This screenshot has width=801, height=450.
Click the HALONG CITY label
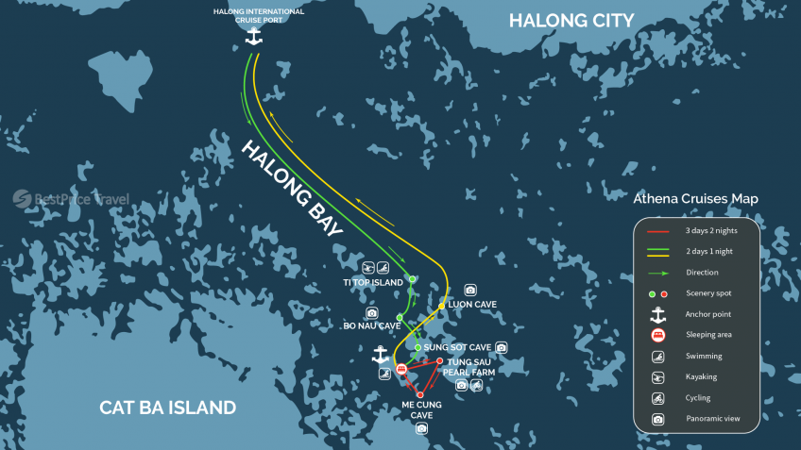pos(571,21)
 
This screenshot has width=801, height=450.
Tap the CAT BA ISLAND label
pos(168,408)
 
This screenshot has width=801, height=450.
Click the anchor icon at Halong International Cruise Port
pos(253,37)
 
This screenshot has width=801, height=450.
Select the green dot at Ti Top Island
pos(411,278)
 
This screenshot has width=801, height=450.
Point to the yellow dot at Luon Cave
pos(441,306)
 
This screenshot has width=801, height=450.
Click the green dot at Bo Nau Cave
pos(400,317)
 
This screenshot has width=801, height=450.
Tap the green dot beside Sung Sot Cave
pos(418,347)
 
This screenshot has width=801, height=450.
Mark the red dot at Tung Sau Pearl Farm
pos(440,360)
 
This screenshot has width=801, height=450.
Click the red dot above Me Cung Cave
pos(420,395)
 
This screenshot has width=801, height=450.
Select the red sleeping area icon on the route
pos(402,369)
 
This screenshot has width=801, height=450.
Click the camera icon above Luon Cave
pos(469,290)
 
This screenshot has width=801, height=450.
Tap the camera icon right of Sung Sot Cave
pos(501,347)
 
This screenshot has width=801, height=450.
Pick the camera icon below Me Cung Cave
pos(421,428)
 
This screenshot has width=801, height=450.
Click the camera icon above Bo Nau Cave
pos(372,312)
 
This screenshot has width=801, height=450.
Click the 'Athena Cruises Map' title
pos(695,199)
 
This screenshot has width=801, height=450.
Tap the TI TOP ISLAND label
pos(372,281)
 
